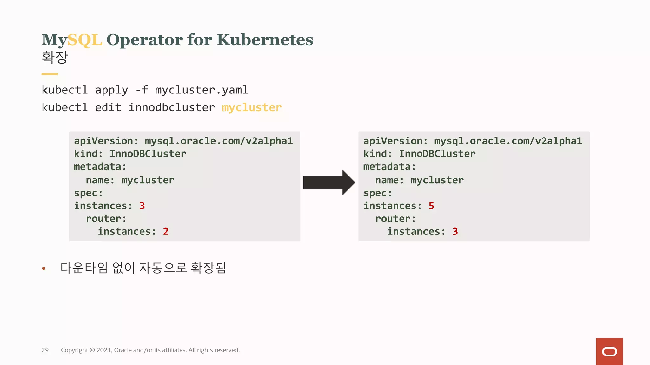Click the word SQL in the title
pos(84,40)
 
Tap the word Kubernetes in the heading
pos(265,40)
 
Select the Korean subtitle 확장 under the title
pos(55,57)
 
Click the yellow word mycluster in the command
pos(252,107)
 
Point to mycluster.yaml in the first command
pos(201,90)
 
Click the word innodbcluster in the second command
pos(171,107)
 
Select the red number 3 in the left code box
pos(142,206)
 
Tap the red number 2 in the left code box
pos(166,232)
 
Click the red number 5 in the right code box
pos(431,206)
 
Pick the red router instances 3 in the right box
pos(455,232)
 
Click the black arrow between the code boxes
pos(329,182)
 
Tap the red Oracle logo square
pos(609,351)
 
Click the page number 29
pos(45,350)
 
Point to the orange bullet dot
pos(44,269)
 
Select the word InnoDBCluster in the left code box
pos(148,154)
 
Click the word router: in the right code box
pos(395,219)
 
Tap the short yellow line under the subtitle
pos(50,74)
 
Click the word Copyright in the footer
pos(74,350)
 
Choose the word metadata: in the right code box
pos(389,167)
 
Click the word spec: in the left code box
pos(88,193)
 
